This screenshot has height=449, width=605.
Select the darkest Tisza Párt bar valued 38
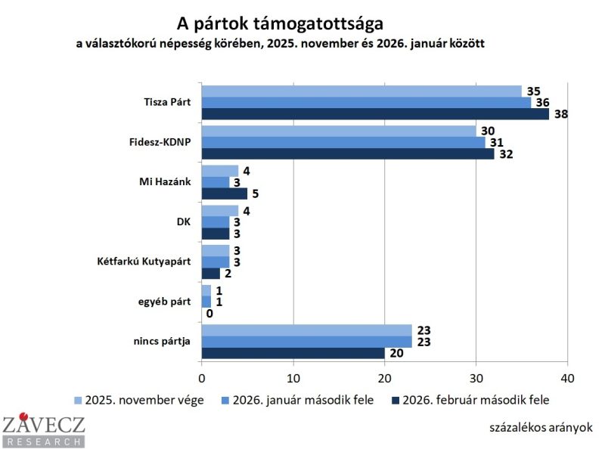pos(375,114)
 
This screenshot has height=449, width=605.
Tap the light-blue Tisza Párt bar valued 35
pos(361,91)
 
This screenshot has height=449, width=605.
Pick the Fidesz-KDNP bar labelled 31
pos(343,142)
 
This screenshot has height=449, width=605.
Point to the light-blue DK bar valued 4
pos(220,210)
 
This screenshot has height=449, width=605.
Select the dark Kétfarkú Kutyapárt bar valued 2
pos(211,273)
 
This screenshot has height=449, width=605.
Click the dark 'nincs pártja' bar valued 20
pos(293,352)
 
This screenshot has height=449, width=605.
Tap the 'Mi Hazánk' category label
pos(166,182)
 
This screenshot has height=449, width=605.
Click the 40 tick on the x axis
pos(567,377)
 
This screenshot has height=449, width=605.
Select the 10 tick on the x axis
pos(293,377)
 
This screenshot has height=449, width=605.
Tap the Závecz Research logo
pos(43,430)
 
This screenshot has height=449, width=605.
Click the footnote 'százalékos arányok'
pos(539,427)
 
